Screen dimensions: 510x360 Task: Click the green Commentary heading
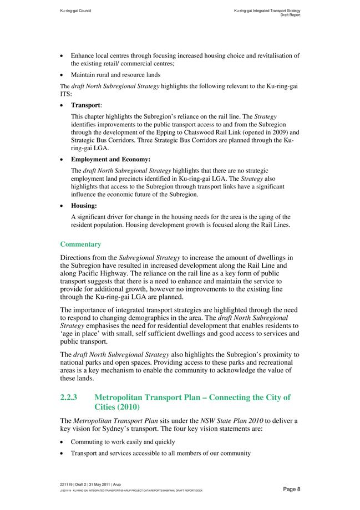pyautogui.click(x=80, y=244)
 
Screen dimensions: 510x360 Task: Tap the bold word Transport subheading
pyautogui.click(x=85, y=105)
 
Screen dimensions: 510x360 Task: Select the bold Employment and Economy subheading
pyautogui.click(x=110, y=160)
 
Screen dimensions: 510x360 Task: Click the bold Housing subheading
pyautogui.click(x=84, y=206)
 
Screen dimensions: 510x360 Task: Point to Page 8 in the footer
pyautogui.click(x=291, y=489)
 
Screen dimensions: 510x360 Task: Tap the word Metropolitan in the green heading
pyautogui.click(x=127, y=397)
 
